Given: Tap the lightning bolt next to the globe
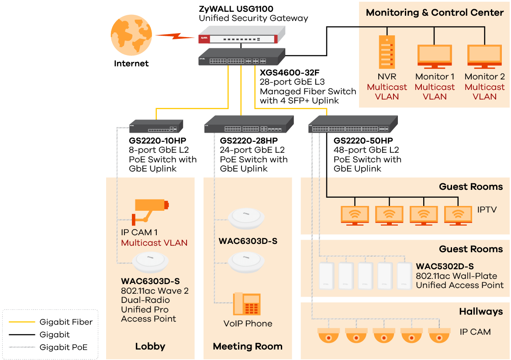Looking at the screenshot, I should click(175, 36).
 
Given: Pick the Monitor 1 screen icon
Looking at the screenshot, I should click(435, 57).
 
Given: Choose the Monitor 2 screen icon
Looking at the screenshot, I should click(484, 57).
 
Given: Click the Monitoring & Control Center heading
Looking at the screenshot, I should click(435, 12).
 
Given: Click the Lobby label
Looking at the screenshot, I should click(150, 346).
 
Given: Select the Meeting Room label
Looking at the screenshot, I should click(248, 346).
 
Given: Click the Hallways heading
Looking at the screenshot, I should click(481, 312).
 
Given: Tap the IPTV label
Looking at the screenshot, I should click(487, 210).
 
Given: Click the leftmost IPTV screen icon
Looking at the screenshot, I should click(355, 215).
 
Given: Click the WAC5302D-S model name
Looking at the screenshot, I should click(445, 266).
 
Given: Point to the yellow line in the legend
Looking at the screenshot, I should click(22, 322).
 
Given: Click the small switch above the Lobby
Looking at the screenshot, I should click(156, 126).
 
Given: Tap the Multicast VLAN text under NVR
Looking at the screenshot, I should click(387, 92).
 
